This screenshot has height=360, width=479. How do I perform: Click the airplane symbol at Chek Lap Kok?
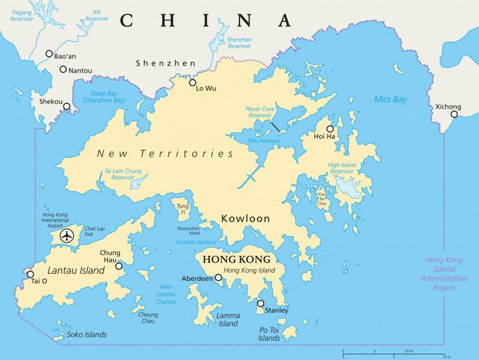(x=66, y=236)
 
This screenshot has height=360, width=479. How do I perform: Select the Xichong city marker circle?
(x=455, y=114)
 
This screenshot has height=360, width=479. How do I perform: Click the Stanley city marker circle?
(x=261, y=303)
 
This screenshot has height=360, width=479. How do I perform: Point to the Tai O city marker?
(x=30, y=274)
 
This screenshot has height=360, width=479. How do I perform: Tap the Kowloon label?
(x=245, y=219)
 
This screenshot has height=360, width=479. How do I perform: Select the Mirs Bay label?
(x=390, y=99)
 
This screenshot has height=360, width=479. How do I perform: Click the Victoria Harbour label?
(x=197, y=242)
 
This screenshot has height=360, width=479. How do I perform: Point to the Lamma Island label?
(x=228, y=319)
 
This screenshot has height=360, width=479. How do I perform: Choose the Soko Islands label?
(x=87, y=334)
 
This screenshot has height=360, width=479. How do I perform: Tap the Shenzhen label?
(x=165, y=63)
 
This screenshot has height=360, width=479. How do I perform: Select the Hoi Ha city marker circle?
(x=330, y=129)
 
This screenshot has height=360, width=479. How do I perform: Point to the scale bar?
(x=394, y=353)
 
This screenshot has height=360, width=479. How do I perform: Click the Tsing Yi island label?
(x=182, y=209)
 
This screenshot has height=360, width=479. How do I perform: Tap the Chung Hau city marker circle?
(x=119, y=266)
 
